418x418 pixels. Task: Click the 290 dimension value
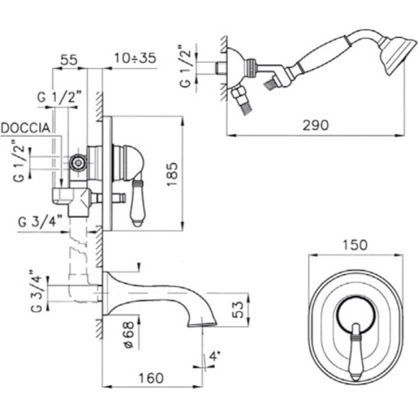(x=316, y=125)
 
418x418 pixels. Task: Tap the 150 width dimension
(x=355, y=245)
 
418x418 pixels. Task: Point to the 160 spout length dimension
(x=151, y=378)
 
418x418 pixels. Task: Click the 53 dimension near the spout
(x=238, y=309)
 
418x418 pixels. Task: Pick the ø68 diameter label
(x=129, y=335)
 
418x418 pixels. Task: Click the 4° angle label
(x=215, y=356)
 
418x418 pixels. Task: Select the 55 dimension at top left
(x=69, y=60)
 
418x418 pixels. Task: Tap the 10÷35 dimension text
(x=135, y=58)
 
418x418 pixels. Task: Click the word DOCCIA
(x=26, y=128)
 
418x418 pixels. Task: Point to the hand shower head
(x=397, y=55)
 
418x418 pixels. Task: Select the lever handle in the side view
(x=137, y=203)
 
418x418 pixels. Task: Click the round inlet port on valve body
(x=78, y=162)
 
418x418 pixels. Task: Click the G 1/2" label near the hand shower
(x=186, y=66)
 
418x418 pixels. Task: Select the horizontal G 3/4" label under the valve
(x=40, y=222)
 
